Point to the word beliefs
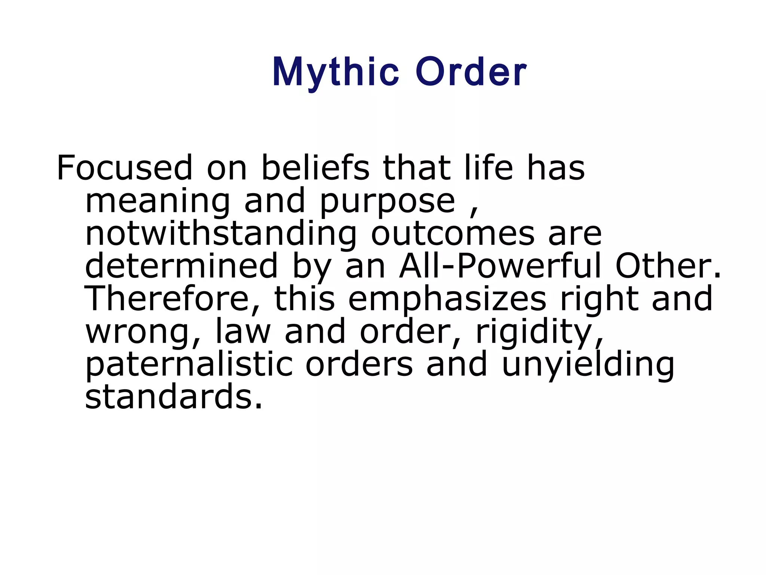click(x=315, y=168)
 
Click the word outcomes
click(x=453, y=234)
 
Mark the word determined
click(x=181, y=266)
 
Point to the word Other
click(x=668, y=266)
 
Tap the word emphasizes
click(x=447, y=299)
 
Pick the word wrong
click(x=144, y=333)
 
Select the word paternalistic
click(x=189, y=365)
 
